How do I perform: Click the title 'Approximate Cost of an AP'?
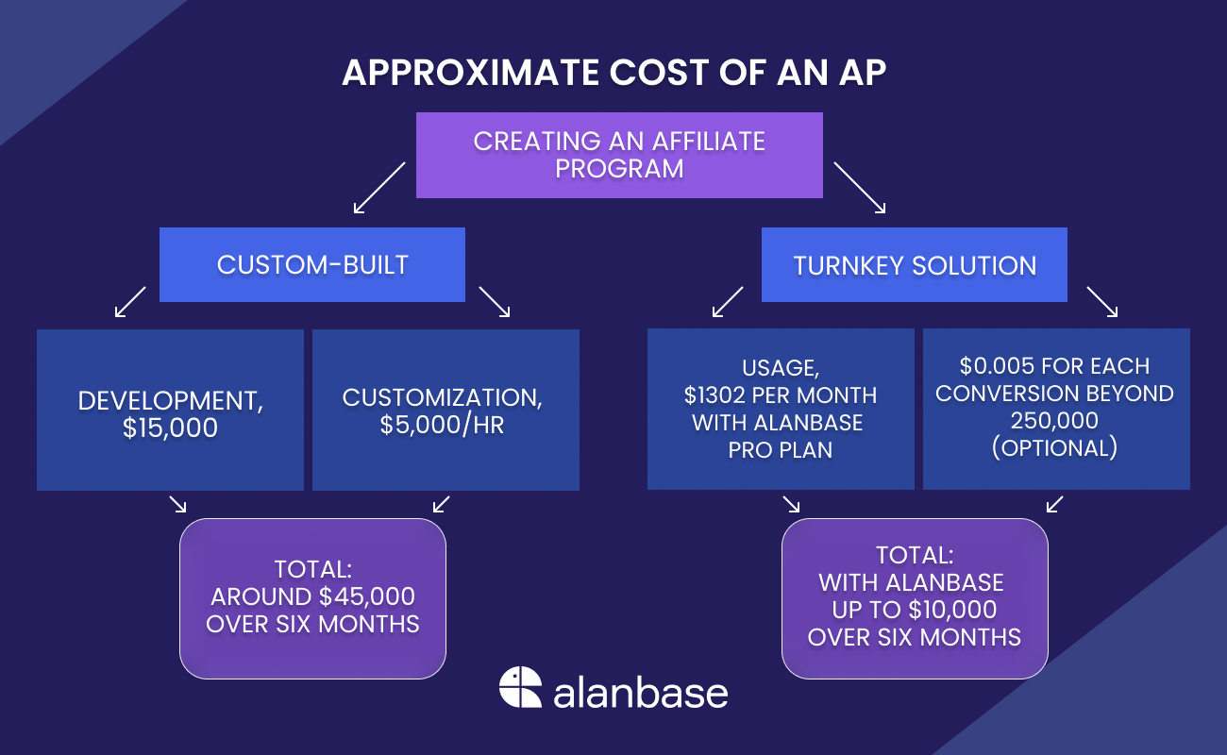[x=613, y=74]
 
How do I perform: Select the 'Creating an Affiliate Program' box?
[x=619, y=155]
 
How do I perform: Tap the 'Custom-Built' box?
[x=312, y=264]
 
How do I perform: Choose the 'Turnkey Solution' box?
[x=914, y=265]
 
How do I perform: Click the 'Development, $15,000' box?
[x=170, y=410]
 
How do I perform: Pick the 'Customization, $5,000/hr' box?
[x=445, y=410]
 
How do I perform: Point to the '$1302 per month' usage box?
[x=781, y=410]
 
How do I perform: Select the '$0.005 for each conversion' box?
[x=1056, y=409]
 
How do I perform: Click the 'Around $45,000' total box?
[x=312, y=597]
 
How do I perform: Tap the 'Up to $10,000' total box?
[x=915, y=597]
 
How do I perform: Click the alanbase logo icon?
[x=520, y=687]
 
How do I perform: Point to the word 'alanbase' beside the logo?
[x=641, y=692]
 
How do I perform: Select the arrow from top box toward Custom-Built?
[x=378, y=187]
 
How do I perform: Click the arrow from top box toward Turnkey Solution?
[x=858, y=187]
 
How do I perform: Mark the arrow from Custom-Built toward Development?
[x=130, y=302]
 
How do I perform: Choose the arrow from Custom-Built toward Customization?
[x=495, y=302]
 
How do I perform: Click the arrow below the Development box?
[x=177, y=504]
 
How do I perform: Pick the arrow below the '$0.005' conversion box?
[x=1055, y=504]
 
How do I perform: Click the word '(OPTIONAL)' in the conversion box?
[x=1055, y=448]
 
